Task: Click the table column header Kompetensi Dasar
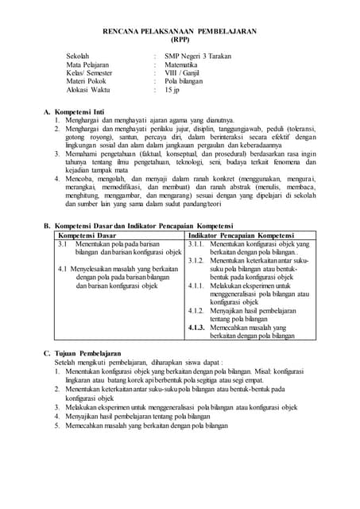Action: (87, 235)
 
